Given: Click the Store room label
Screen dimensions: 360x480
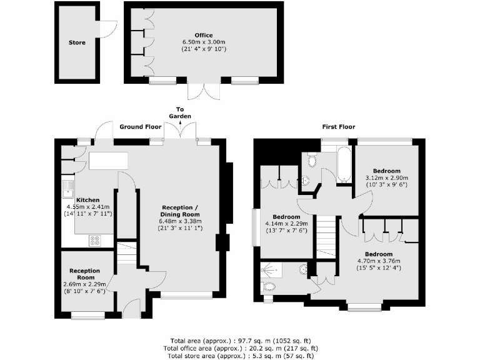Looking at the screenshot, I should click(77, 43).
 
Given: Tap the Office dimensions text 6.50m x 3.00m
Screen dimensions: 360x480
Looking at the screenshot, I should click(203, 42).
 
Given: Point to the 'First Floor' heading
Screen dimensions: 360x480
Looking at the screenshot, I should click(338, 126).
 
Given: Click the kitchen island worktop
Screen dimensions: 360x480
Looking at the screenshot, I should click(108, 161).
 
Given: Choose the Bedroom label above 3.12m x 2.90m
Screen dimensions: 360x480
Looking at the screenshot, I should click(386, 171).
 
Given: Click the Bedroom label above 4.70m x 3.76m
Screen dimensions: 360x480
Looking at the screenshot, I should click(379, 254).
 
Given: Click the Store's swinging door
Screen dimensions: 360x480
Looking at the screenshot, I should click(110, 28).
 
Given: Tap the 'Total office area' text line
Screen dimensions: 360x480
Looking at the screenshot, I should click(241, 348).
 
